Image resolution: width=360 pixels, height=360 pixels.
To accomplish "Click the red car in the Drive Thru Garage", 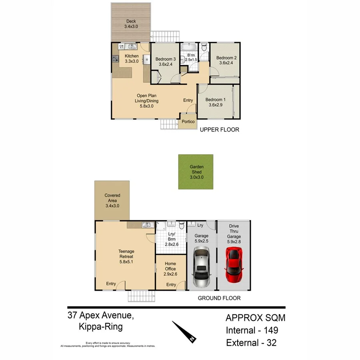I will click(234, 264).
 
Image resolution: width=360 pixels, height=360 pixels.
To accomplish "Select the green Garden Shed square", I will click(196, 172).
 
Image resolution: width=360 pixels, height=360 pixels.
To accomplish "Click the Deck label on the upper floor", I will click(131, 21).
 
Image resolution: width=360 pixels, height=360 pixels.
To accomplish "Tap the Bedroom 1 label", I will click(216, 100).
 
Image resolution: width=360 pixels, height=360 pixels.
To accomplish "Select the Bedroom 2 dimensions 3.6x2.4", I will click(226, 63).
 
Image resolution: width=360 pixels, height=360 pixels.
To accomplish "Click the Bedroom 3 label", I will click(166, 59).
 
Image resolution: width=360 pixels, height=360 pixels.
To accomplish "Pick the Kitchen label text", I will click(132, 56).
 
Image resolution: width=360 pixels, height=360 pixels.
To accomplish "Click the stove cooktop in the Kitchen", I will click(115, 60).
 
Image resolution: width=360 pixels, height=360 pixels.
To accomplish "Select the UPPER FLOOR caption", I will click(219, 130).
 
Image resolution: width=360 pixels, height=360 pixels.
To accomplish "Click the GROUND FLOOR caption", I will click(219, 298).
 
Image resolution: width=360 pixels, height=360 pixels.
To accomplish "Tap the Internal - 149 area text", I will click(252, 330).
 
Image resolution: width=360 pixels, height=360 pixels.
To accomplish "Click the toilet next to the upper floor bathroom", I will click(204, 48).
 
